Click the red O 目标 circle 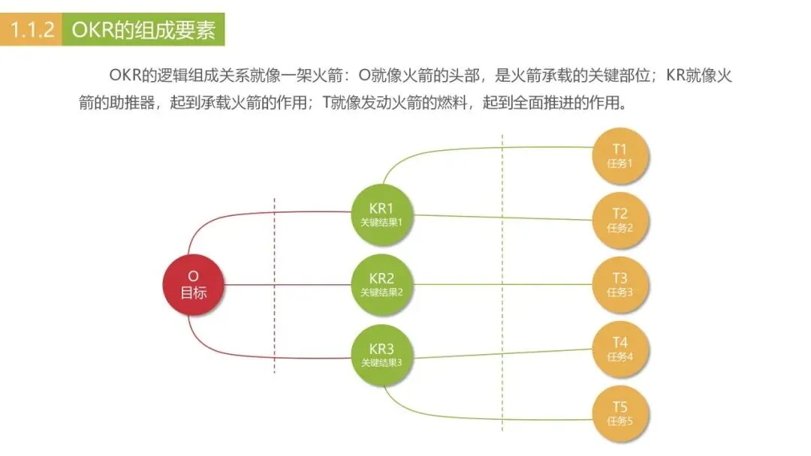pos(193,284)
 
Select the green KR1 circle pos(381,214)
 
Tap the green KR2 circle pos(381,284)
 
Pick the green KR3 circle pos(381,355)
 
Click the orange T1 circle pos(620,155)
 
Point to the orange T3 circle pos(620,284)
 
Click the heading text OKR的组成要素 pos(143,31)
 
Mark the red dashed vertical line pos(275,285)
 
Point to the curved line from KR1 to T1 pos(451,149)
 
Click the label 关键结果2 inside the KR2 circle pos(381,292)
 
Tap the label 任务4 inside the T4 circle pos(620,357)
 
